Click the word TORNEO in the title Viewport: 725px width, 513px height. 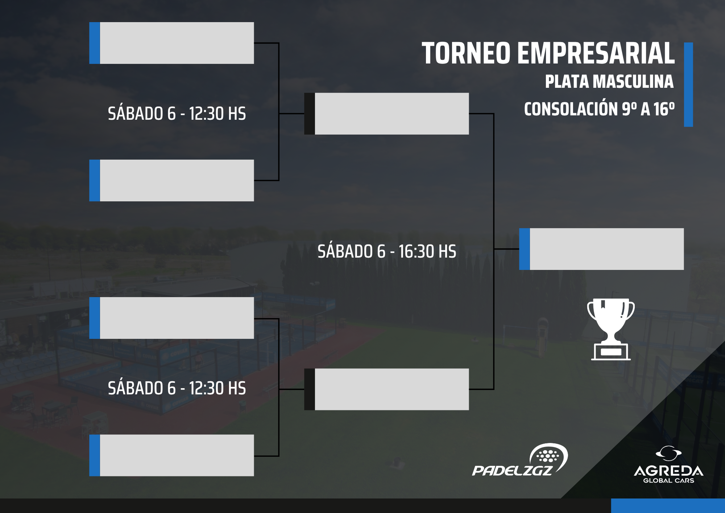(466, 53)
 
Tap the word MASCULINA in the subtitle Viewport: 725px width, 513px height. (633, 82)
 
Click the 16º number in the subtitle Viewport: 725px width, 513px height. (664, 109)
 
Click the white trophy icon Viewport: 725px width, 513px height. (611, 329)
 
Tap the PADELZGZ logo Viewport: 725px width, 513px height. (520, 460)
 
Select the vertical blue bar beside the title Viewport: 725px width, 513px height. (688, 85)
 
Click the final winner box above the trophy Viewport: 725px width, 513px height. (601, 249)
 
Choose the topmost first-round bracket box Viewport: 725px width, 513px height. (171, 43)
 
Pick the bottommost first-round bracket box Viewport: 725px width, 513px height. (171, 455)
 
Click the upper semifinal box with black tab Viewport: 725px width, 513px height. (386, 114)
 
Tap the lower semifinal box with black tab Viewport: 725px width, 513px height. (386, 389)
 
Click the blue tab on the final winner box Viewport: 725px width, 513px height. (525, 249)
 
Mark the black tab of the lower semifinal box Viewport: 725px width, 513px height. (310, 389)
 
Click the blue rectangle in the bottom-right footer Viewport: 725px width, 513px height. (668, 506)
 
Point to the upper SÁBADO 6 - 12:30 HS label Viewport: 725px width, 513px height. (177, 114)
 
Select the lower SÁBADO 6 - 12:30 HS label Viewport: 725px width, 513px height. (177, 388)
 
